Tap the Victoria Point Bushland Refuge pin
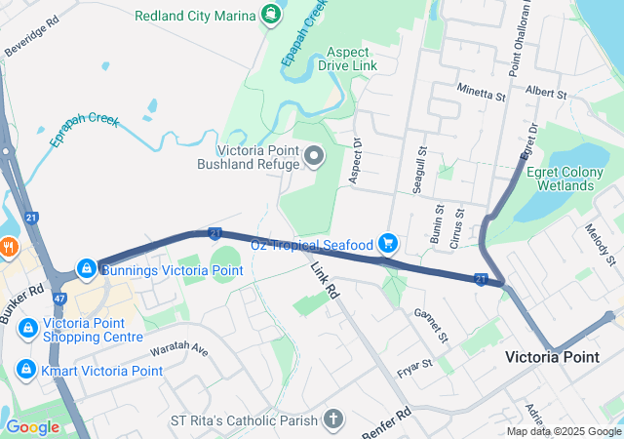pyautogui.click(x=314, y=155)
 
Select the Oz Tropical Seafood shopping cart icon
pyautogui.click(x=388, y=242)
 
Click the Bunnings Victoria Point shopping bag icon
pyautogui.click(x=87, y=267)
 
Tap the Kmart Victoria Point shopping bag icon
pyautogui.click(x=26, y=370)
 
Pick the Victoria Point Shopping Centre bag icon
pyautogui.click(x=27, y=326)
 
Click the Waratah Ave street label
pyautogui.click(x=179, y=348)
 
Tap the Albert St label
pyautogui.click(x=545, y=93)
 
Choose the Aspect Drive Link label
pyautogui.click(x=352, y=58)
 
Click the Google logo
pyautogui.click(x=32, y=426)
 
